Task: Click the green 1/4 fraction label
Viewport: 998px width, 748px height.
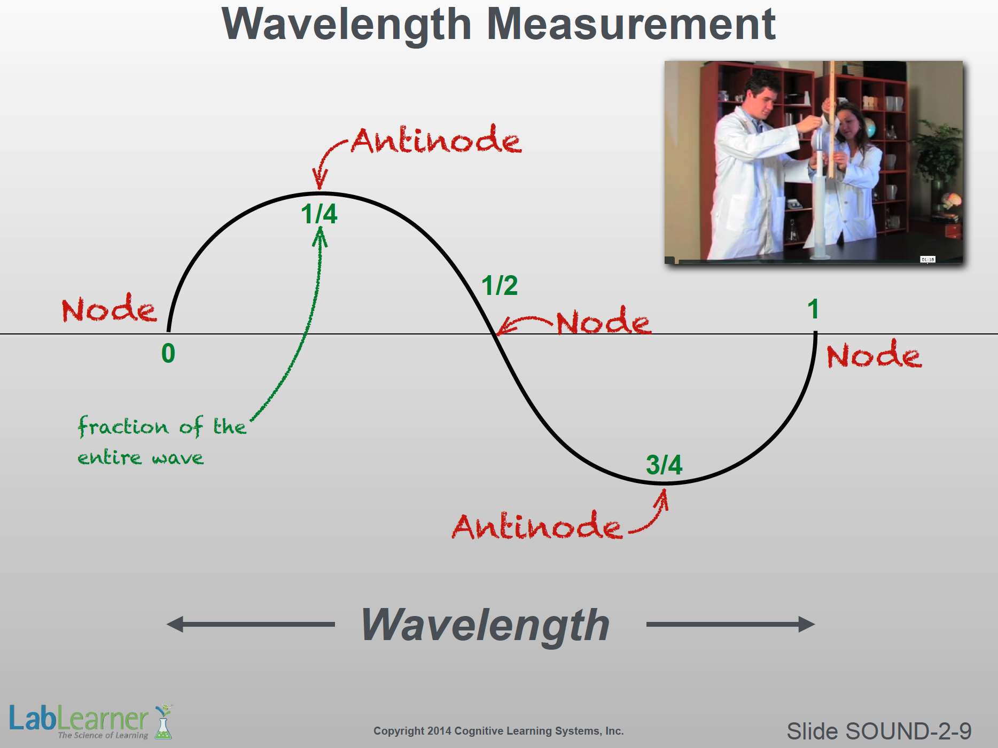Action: click(319, 214)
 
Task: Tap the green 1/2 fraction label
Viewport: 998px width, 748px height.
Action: click(500, 285)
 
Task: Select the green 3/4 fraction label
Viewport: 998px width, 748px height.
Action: click(664, 465)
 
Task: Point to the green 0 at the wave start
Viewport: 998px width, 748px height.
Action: click(168, 353)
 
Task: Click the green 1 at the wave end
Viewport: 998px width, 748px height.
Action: click(813, 309)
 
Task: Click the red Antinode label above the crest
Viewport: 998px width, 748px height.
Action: click(436, 140)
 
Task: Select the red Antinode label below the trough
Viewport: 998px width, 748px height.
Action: click(537, 526)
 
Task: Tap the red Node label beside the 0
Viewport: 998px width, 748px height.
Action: click(110, 308)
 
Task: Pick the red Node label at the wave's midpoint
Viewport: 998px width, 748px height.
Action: click(604, 321)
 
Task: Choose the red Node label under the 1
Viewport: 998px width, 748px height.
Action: click(875, 354)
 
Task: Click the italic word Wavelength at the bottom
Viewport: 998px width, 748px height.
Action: click(486, 626)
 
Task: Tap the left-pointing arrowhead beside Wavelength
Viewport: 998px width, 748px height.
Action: click(175, 624)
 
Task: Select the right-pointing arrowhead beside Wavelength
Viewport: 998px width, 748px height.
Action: click(807, 624)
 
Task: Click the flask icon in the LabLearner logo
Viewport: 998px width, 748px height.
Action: click(163, 722)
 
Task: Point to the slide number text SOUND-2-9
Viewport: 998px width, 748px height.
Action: click(908, 731)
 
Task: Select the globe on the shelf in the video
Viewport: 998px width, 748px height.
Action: click(869, 128)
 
